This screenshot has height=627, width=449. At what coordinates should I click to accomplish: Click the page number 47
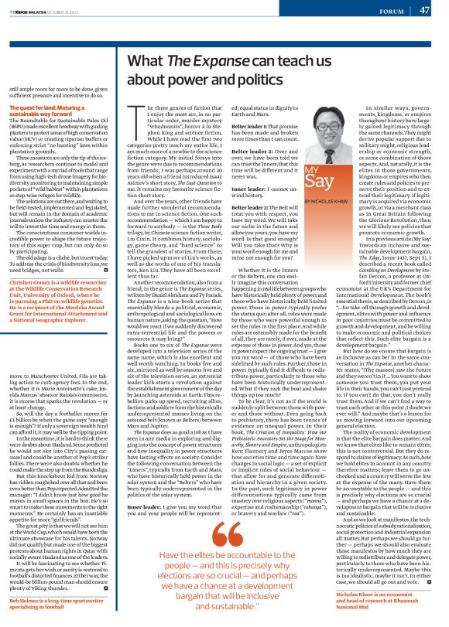tap(423, 10)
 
